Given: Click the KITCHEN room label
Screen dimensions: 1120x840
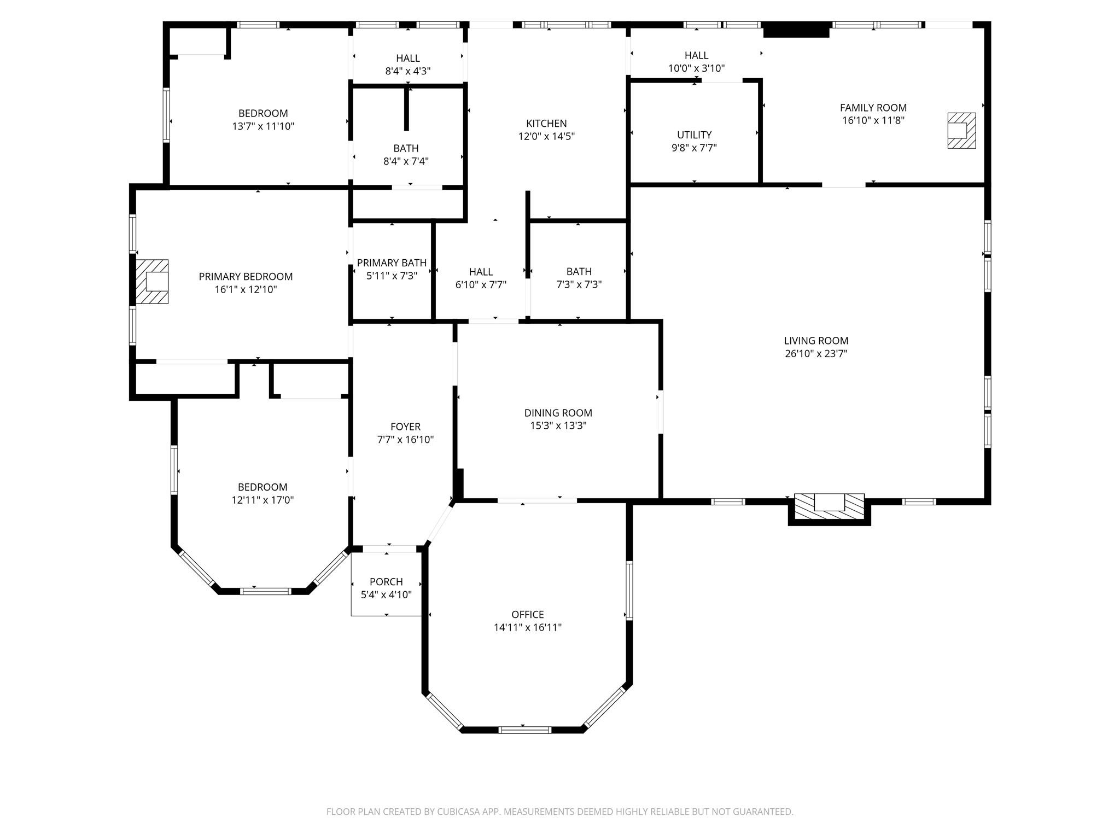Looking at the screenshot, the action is pyautogui.click(x=546, y=124).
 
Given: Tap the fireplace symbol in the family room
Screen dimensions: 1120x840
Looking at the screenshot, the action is pyautogui.click(x=961, y=130).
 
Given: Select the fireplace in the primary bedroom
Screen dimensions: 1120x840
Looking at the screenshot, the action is pyautogui.click(x=152, y=281).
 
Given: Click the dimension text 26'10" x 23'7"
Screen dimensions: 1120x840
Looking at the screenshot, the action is pyautogui.click(x=816, y=354).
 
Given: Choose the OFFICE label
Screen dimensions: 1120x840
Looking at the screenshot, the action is pyautogui.click(x=528, y=615).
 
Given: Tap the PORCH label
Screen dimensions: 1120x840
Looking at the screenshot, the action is pyautogui.click(x=386, y=582).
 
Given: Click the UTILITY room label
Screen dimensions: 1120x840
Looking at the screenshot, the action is pyautogui.click(x=695, y=135).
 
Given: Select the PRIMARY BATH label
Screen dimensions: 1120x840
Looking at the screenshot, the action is pyautogui.click(x=392, y=263).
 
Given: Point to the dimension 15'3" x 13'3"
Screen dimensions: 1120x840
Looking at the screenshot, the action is pyautogui.click(x=558, y=426).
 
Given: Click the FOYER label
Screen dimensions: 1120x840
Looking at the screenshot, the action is pyautogui.click(x=405, y=427).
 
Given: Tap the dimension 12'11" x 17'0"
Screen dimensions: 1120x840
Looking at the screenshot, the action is pyautogui.click(x=262, y=500).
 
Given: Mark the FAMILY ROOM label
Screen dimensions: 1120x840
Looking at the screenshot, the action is pyautogui.click(x=873, y=108).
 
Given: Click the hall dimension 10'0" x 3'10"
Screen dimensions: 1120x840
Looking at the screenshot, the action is pyautogui.click(x=696, y=68).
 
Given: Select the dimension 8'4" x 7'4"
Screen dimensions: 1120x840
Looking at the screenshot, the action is pyautogui.click(x=406, y=161).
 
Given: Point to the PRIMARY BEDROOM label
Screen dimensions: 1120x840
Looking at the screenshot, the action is pyautogui.click(x=246, y=277).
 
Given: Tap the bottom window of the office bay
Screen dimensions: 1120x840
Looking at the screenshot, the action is pyautogui.click(x=525, y=730).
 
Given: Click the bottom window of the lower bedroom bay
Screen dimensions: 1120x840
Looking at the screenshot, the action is pyautogui.click(x=266, y=591).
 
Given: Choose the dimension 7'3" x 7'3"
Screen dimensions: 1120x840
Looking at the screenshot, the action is pyautogui.click(x=579, y=285).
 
